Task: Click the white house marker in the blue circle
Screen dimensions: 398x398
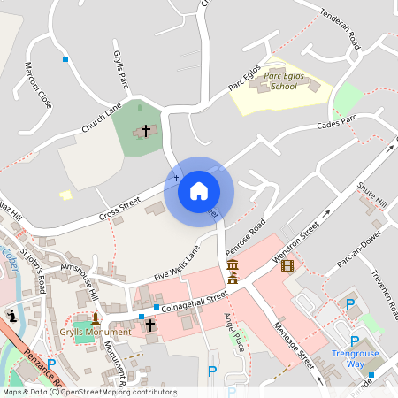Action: coord(199,191)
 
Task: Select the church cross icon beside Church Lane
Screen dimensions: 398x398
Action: coord(145,131)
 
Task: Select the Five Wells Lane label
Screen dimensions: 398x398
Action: coord(177,264)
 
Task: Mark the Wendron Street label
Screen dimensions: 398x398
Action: coord(296,238)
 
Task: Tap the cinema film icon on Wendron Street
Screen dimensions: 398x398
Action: coord(287,264)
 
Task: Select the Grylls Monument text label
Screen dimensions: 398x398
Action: coord(95,332)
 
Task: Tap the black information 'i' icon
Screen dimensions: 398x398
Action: coord(11,315)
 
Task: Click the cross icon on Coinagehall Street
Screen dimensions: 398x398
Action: coord(149,325)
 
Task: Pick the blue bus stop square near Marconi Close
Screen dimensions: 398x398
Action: coord(65,59)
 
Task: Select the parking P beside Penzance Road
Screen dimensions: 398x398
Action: coord(51,364)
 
